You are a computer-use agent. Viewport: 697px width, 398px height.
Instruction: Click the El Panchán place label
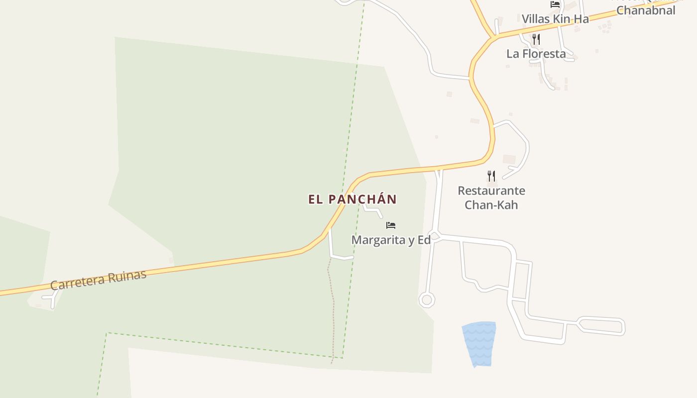[x=352, y=199]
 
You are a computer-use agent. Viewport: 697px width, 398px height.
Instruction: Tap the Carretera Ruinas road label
[x=99, y=280]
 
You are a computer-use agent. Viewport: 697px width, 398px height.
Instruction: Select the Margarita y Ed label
[x=391, y=240]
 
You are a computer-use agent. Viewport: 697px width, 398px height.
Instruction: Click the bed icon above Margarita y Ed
[x=391, y=225]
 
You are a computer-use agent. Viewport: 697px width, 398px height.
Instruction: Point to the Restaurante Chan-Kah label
[x=491, y=198]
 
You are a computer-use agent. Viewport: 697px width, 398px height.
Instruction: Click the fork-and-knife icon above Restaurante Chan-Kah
[x=491, y=175]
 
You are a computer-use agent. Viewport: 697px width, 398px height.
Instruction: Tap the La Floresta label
[x=536, y=54]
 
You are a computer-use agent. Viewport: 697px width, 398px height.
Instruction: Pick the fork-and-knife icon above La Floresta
[x=536, y=39]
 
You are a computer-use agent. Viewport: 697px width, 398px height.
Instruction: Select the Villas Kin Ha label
[x=555, y=19]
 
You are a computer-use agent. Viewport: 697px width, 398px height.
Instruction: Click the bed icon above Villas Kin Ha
[x=555, y=4]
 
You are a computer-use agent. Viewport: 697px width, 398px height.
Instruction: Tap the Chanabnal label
[x=646, y=10]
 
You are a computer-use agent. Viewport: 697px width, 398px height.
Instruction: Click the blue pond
[x=479, y=343]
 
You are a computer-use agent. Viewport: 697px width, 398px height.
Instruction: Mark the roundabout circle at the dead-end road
[x=426, y=299]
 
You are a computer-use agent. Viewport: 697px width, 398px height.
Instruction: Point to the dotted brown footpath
[x=332, y=308]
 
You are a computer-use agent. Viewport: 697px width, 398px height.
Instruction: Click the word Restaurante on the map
[x=491, y=191]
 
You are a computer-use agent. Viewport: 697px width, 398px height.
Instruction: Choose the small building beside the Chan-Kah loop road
[x=509, y=159]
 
